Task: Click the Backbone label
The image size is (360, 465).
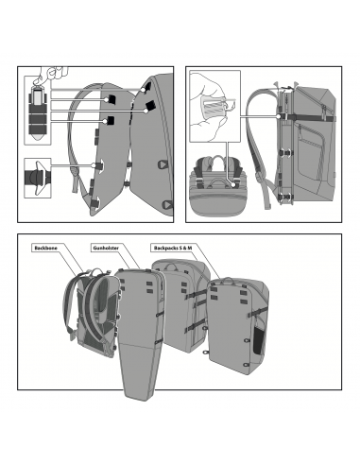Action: click(46, 248)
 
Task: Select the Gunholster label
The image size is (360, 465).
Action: click(106, 248)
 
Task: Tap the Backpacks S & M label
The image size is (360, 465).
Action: click(173, 248)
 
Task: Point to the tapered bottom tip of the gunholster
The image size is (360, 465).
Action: click(136, 398)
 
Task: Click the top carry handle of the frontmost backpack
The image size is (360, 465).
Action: click(226, 281)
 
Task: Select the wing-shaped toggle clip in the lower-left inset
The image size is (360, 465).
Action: click(37, 178)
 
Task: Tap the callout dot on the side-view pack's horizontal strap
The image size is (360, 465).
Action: click(279, 116)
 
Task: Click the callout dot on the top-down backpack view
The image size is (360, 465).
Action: click(233, 183)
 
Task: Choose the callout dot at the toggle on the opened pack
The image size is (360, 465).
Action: click(94, 165)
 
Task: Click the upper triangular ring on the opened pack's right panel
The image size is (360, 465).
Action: click(163, 164)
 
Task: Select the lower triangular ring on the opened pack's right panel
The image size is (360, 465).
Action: click(167, 204)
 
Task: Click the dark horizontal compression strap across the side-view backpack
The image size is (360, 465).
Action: click(307, 118)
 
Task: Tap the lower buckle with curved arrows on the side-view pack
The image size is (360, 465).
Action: click(285, 197)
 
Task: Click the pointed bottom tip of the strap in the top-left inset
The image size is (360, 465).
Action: click(38, 139)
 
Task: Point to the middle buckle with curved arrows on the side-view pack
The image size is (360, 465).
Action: click(285, 152)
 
